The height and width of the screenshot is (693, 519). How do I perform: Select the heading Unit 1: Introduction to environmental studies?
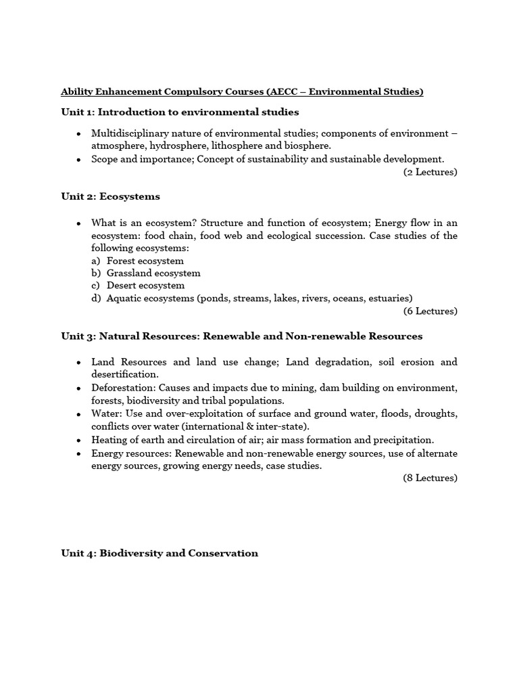[180, 112]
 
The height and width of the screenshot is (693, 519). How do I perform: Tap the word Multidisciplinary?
[130, 133]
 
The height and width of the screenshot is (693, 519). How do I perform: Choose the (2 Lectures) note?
[430, 172]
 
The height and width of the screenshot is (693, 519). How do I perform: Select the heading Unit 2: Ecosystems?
[110, 196]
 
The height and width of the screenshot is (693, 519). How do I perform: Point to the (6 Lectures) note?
[430, 311]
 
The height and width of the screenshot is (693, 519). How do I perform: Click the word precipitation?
[404, 439]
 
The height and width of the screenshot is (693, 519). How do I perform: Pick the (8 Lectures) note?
[430, 478]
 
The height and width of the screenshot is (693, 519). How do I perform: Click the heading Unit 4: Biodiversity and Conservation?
[159, 553]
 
